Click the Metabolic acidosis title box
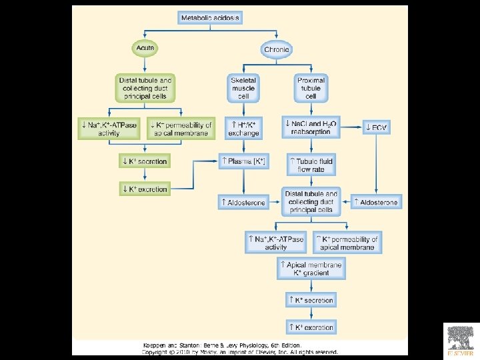click(209, 18)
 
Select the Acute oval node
click(145, 49)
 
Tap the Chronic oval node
click(277, 50)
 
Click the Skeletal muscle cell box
click(243, 88)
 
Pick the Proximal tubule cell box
click(310, 88)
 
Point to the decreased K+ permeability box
click(181, 128)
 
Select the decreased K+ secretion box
click(144, 161)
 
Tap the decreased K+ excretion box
click(144, 189)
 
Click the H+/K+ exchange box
click(243, 128)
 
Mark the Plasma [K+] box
click(243, 161)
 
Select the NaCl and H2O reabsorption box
click(311, 128)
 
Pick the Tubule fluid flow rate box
click(311, 165)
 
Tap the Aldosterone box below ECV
click(376, 202)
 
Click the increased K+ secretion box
click(310, 300)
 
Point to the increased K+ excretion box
click(310, 327)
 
